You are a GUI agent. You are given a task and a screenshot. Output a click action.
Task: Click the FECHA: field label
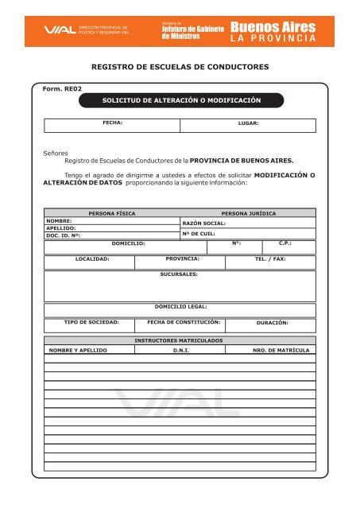[x=112, y=123]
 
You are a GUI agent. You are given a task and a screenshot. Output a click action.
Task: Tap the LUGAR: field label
[x=249, y=124]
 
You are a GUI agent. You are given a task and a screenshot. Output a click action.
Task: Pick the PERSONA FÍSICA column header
[x=111, y=214]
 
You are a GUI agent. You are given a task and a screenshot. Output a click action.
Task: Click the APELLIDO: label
[x=60, y=227]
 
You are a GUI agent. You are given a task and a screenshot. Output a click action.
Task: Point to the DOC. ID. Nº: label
[x=64, y=235]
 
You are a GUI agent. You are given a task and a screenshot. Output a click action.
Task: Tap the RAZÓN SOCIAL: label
[x=204, y=224]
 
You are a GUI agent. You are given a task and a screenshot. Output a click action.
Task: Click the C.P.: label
[x=286, y=243]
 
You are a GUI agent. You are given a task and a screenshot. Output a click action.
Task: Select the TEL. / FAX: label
[x=270, y=259]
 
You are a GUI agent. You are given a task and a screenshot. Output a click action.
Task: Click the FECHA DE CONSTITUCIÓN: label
[x=179, y=323]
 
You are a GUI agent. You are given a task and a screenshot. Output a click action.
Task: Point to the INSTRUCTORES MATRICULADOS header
[x=179, y=340]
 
